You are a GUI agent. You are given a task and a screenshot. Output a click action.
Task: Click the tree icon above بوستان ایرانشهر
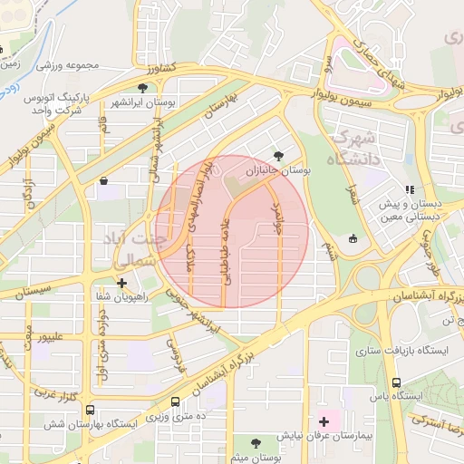click(142, 87)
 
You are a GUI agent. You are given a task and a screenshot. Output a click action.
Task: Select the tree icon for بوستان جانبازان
click(277, 155)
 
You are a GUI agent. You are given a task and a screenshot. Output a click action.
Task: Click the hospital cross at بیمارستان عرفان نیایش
click(324, 421)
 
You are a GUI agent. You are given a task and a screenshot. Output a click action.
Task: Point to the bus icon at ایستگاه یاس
click(396, 382)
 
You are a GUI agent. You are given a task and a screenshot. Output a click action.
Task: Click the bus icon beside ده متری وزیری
click(174, 401)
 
